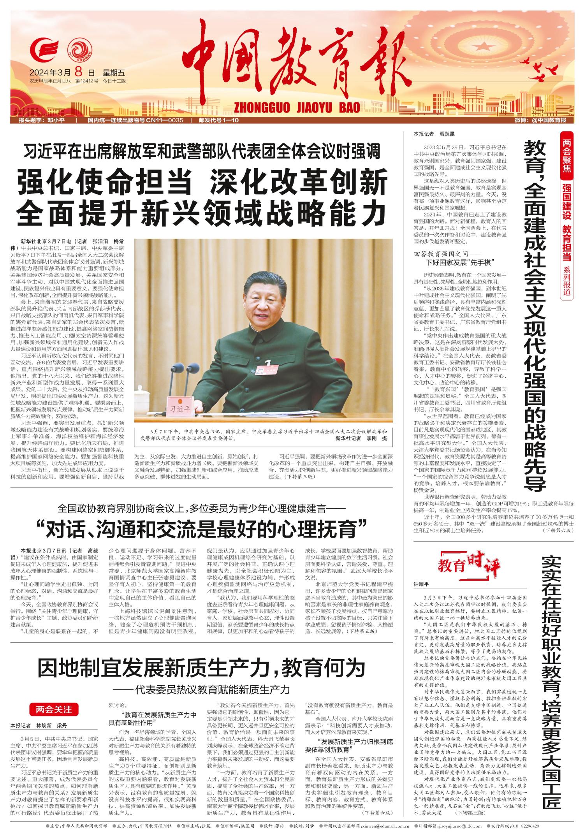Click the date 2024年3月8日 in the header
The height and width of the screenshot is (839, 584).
coord(62,72)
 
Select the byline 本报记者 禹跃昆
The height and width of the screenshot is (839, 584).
coord(434,134)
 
